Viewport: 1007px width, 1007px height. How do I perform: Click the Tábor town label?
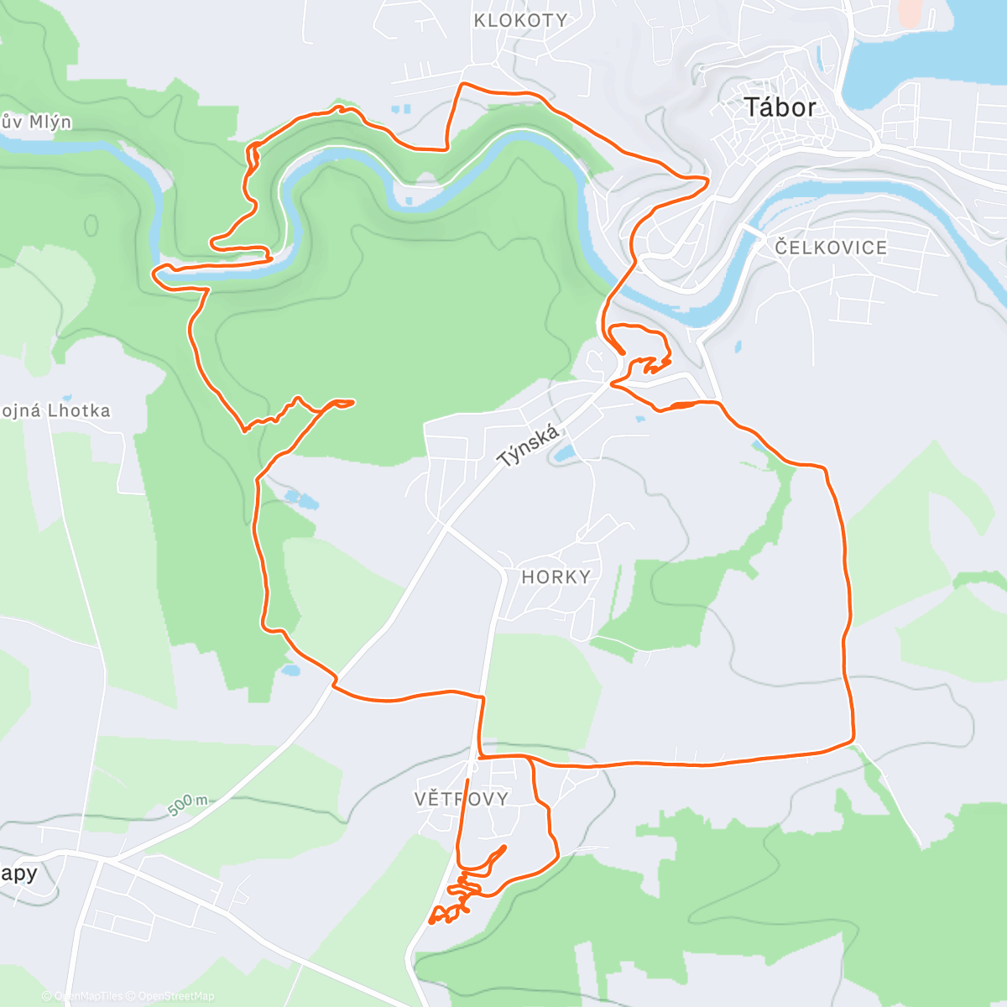pyautogui.click(x=780, y=107)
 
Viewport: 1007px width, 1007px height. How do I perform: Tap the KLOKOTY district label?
pyautogui.click(x=520, y=20)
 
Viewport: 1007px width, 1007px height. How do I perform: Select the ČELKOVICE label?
pyautogui.click(x=831, y=248)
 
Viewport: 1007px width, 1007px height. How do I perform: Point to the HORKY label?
pyautogui.click(x=556, y=577)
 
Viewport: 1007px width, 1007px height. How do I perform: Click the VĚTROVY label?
pyautogui.click(x=462, y=798)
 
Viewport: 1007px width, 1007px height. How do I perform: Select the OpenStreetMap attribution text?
pyautogui.click(x=176, y=996)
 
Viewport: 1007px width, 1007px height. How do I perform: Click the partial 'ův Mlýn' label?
pyautogui.click(x=35, y=123)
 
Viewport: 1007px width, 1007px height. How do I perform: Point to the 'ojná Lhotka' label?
pyautogui.click(x=55, y=411)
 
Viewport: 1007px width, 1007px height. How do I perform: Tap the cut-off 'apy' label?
pyautogui.click(x=18, y=874)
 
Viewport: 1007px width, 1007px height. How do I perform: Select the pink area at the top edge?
pyautogui.click(x=910, y=12)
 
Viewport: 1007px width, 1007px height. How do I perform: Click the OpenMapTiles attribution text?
pyautogui.click(x=87, y=996)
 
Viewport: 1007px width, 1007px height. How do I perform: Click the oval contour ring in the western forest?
pyautogui.click(x=91, y=226)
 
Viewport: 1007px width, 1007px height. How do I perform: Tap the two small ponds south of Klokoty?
pyautogui.click(x=402, y=109)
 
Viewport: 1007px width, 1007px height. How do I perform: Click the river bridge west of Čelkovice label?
pyautogui.click(x=752, y=230)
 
